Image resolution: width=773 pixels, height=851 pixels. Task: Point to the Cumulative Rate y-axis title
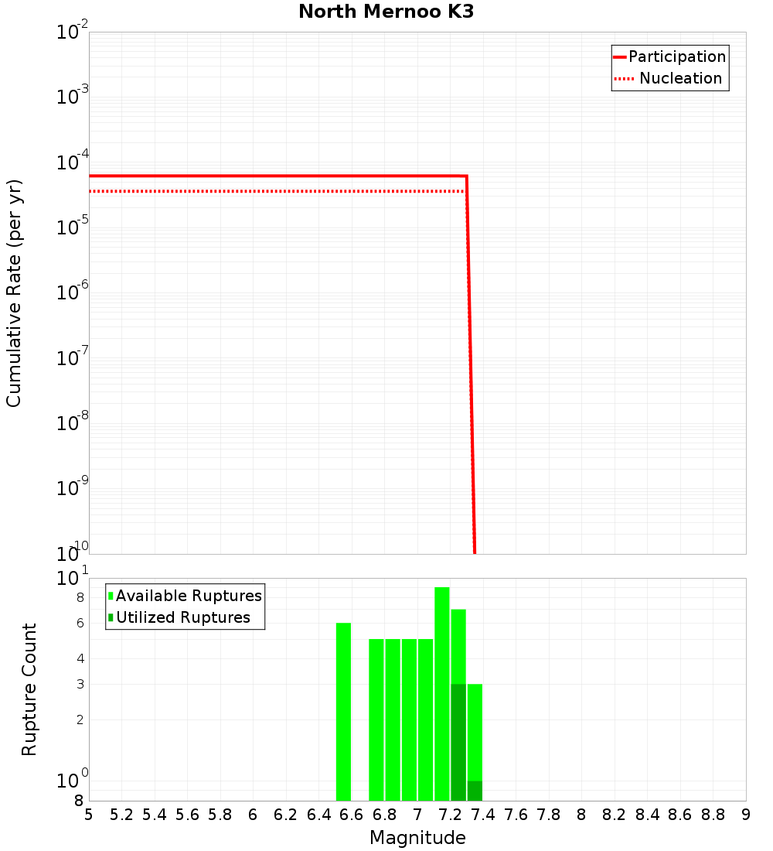coord(14,293)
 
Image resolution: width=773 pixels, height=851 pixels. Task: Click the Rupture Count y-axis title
coord(29,689)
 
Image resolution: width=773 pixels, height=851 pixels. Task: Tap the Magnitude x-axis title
coord(417,838)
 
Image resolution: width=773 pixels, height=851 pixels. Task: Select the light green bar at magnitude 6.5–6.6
coord(343,712)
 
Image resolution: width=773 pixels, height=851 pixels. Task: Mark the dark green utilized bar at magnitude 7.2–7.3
coord(458,743)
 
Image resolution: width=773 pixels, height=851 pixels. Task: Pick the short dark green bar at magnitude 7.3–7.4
coord(475,791)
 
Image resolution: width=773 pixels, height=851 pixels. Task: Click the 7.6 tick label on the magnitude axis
coord(483,815)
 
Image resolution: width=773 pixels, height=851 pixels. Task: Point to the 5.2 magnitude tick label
coord(121,815)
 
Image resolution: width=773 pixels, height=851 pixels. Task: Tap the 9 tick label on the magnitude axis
coord(746,815)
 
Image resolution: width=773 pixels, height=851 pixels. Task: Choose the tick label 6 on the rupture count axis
coord(79,623)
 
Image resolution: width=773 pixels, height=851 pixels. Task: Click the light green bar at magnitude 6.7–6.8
coord(376,719)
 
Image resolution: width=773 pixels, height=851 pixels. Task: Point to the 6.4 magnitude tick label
coord(318,815)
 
